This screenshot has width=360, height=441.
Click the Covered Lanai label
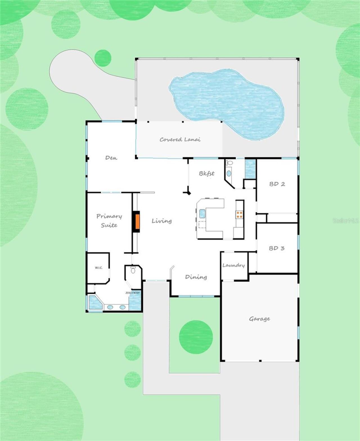pos(180,139)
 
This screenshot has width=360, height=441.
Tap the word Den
pos(111,158)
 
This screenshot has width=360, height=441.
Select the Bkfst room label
pos(207,173)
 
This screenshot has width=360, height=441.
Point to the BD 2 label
pos(277,184)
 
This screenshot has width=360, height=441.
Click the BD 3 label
pos(276,248)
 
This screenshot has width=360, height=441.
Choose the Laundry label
pos(234,265)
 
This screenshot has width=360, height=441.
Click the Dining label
pos(196,277)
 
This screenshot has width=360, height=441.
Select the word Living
pos(162,221)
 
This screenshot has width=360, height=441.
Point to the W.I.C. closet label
pos(99,268)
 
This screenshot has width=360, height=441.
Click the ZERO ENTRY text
pos(132,293)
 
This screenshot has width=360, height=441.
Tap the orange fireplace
pos(138,221)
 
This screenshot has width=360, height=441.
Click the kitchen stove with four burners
pos(239,215)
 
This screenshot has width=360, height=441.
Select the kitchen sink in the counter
pos(202,214)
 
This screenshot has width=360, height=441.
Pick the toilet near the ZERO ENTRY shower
pos(133,270)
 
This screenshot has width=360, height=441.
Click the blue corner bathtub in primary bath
pos(95,302)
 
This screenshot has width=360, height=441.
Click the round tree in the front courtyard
pos(196,337)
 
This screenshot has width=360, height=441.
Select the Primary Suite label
pos(109,221)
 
